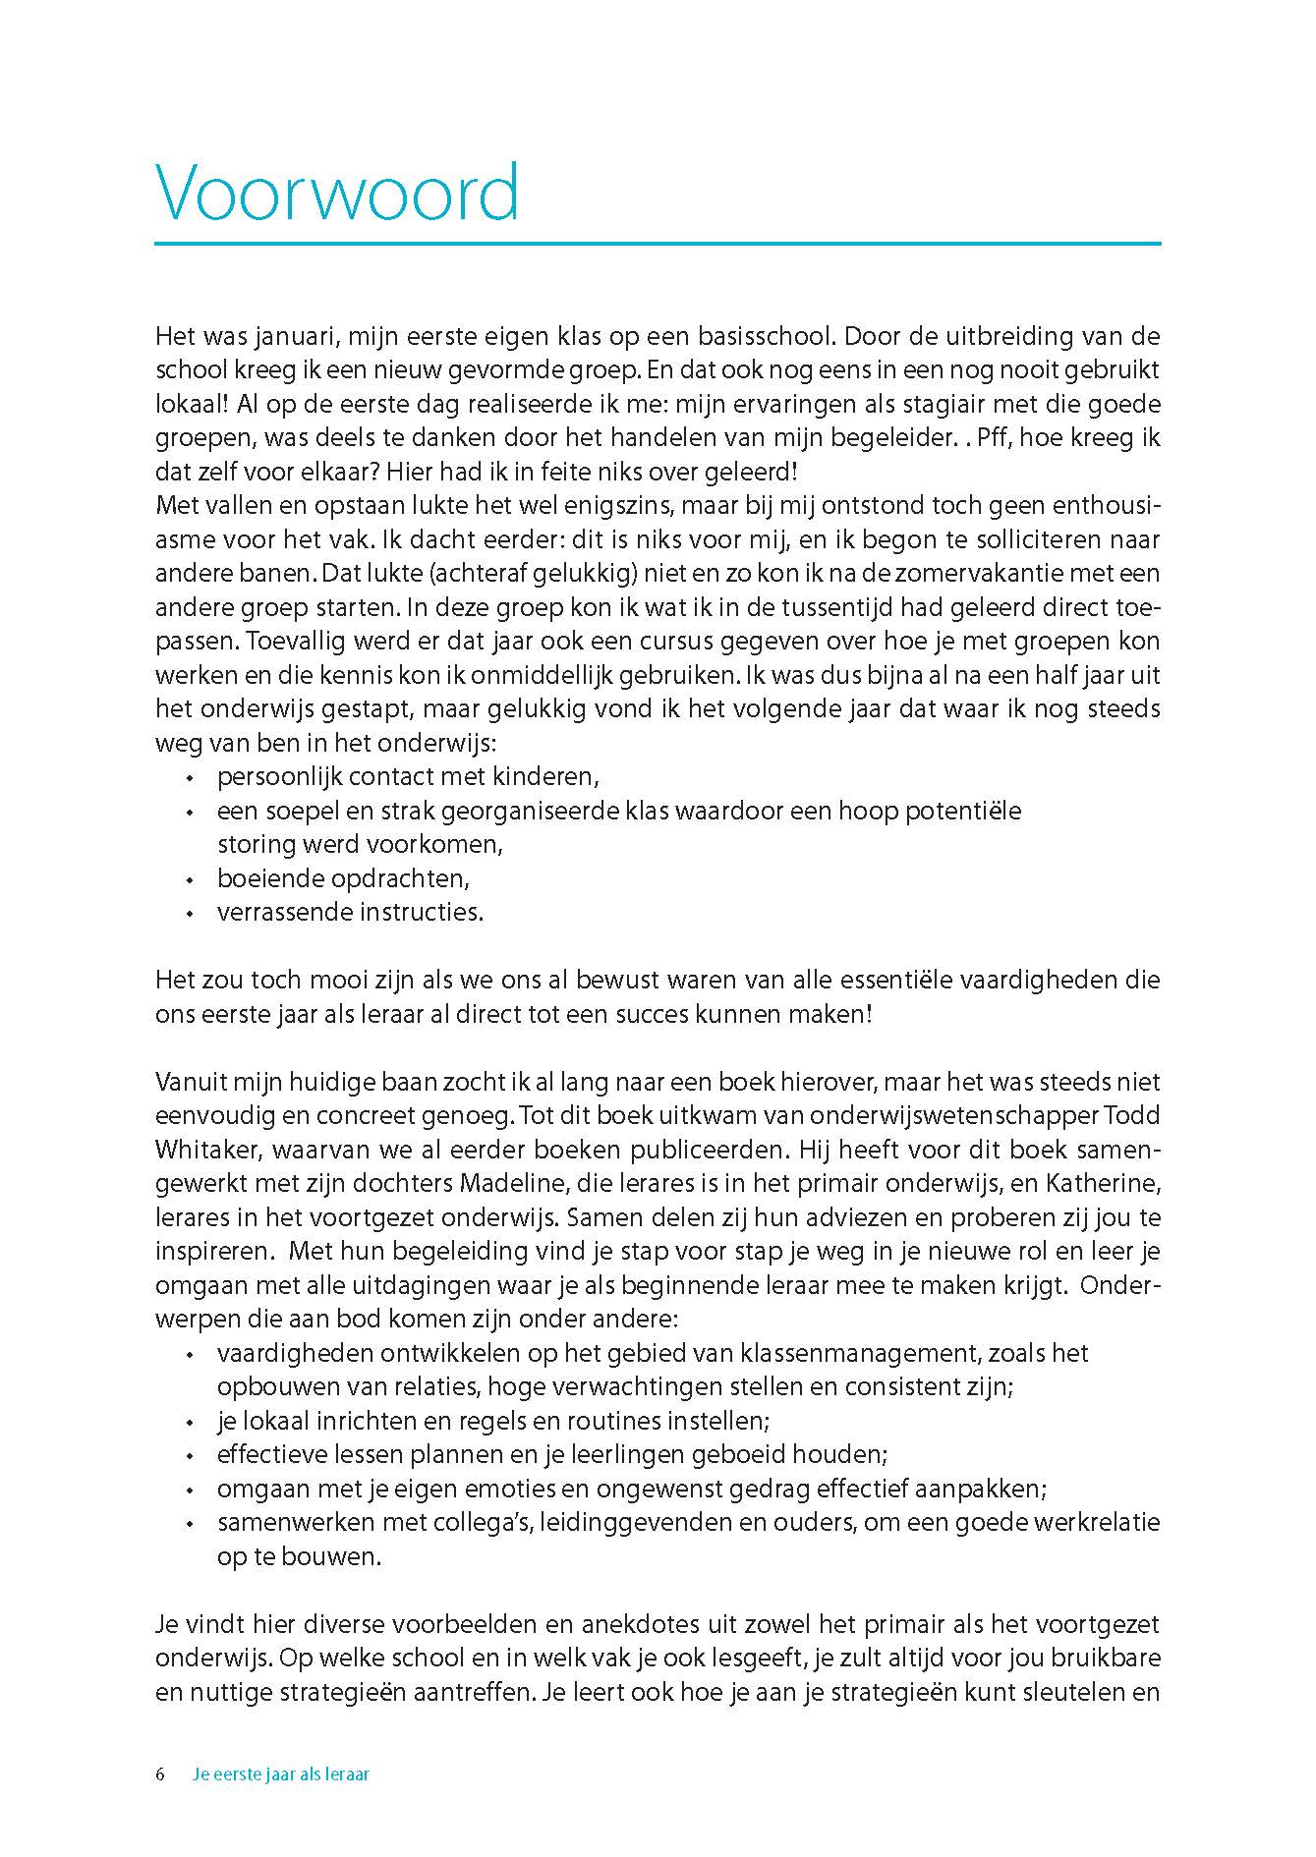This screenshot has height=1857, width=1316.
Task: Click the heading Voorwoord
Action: [337, 193]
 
